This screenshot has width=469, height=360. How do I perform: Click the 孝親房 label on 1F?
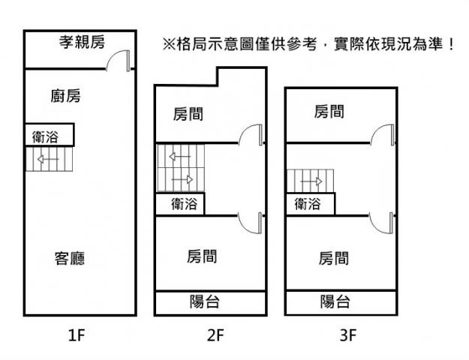pyautogui.click(x=82, y=43)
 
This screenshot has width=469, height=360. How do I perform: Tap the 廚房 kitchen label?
pyautogui.click(x=66, y=96)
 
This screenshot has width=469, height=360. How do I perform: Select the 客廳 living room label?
pyautogui.click(x=69, y=259)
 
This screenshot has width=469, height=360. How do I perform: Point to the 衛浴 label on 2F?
pyautogui.click(x=184, y=203)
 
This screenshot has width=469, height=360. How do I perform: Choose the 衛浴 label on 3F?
pyautogui.click(x=308, y=203)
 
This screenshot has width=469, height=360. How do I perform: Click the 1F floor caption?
pyautogui.click(x=78, y=335)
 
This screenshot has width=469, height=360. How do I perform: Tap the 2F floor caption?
pyautogui.click(x=215, y=335)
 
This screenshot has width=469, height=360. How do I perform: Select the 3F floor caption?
pyautogui.click(x=347, y=335)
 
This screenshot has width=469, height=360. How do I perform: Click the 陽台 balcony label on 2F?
pyautogui.click(x=204, y=302)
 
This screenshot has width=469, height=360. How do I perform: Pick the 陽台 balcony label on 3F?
pyautogui.click(x=335, y=302)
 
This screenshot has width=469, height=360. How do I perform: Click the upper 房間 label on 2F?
pyautogui.click(x=188, y=115)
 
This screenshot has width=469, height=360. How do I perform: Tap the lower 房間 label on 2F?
pyautogui.click(x=202, y=256)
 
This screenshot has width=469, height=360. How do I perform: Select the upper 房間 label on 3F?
pyautogui.click(x=329, y=112)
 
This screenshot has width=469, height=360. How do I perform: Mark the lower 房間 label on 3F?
pyautogui.click(x=333, y=259)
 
